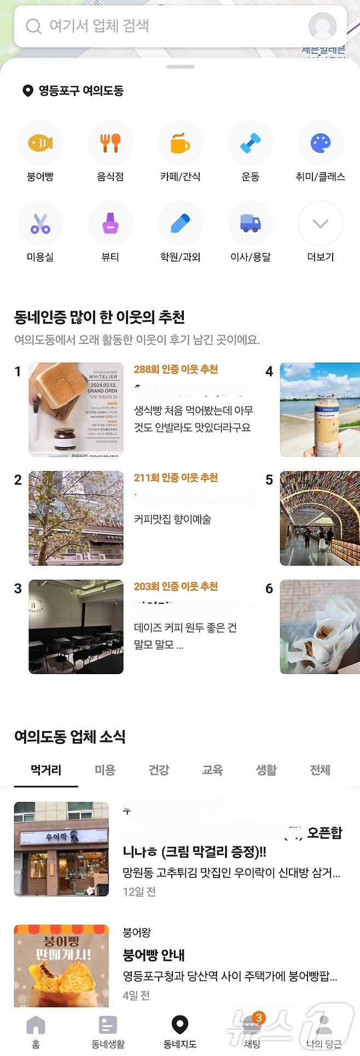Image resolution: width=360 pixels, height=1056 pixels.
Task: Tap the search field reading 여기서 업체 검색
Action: point(164,26)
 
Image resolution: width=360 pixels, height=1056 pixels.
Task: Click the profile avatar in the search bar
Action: point(322,26)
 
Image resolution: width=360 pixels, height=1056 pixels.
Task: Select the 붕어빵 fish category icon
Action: point(40,143)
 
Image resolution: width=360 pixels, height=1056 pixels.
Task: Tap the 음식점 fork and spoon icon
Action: point(110,143)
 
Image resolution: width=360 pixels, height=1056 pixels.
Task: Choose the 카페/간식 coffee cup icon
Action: point(180,143)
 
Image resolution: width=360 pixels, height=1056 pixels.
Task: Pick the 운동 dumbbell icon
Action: point(250,143)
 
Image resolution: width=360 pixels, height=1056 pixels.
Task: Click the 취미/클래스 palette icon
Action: point(320,143)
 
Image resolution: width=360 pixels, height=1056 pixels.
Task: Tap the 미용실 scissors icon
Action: point(40,223)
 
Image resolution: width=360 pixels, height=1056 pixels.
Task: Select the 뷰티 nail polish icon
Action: point(110,223)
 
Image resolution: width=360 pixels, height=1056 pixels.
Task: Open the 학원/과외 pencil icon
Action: point(180,223)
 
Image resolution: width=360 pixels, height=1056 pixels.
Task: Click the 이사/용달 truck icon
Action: point(250,223)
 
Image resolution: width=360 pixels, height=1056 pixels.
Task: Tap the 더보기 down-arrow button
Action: point(320,223)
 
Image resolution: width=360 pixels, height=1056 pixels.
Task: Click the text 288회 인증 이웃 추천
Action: point(176,369)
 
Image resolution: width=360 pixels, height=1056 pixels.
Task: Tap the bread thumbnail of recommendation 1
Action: point(76,409)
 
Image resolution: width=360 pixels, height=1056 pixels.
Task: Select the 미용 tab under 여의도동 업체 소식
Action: point(105,770)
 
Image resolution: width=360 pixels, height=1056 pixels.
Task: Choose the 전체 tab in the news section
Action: point(320,770)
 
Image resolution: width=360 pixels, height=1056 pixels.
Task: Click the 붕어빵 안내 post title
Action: point(154,955)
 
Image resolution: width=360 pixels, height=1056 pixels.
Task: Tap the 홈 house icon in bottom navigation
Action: point(36,1025)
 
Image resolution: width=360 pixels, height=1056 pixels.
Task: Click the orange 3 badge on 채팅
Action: point(258,1018)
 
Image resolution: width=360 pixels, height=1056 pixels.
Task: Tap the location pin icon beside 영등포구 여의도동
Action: point(27,91)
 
